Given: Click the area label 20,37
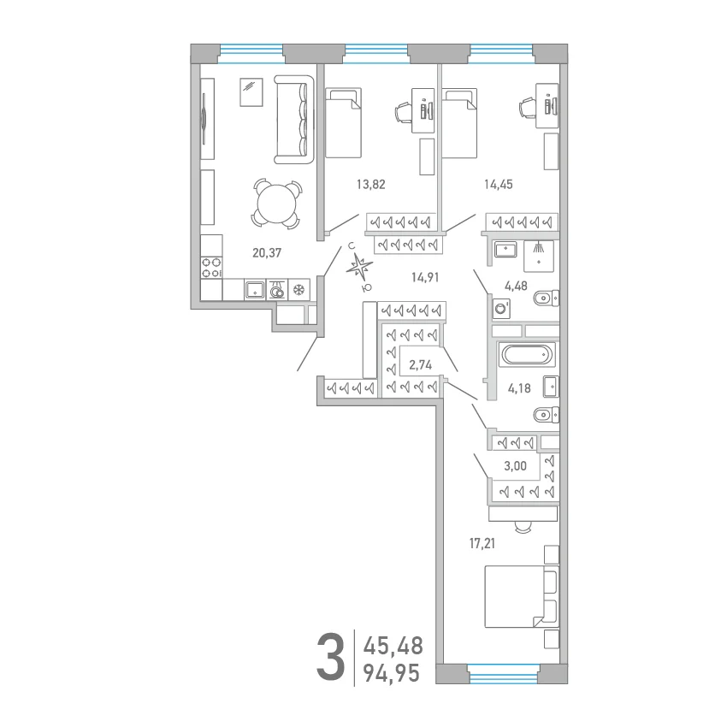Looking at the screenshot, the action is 267,253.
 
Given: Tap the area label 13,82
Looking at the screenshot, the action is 371,185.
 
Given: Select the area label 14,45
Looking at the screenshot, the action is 499,185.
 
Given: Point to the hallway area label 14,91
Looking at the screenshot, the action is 425,278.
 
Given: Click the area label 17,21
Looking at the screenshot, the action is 482,543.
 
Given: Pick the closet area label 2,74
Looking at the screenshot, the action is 421,365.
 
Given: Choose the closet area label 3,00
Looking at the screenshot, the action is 515,466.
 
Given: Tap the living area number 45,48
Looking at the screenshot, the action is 393,646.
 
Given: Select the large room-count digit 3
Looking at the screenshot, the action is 331,658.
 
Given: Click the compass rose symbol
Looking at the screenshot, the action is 360,268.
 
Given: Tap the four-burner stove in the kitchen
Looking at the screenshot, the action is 211,268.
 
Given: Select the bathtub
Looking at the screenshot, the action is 527,356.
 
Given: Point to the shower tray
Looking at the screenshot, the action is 539,256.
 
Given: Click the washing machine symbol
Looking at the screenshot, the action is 501,308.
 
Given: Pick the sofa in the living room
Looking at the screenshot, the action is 294,120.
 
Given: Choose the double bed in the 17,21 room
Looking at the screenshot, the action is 522,596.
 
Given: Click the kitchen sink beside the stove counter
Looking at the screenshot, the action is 255,290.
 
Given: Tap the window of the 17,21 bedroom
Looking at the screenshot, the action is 503,674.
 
